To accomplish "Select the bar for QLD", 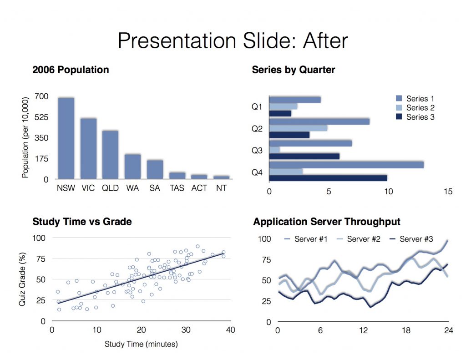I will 110,155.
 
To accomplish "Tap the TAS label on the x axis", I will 177,188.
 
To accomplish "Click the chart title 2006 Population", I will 71,70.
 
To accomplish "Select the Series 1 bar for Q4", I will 346,165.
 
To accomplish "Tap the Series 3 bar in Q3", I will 304,157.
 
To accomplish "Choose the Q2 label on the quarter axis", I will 257,129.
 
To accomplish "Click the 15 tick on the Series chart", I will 448,192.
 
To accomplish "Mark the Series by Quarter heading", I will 293,70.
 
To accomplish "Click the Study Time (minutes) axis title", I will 141,344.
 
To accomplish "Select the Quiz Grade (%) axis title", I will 23,279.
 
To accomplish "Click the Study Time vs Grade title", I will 82,222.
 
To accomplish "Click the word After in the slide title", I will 324,41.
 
